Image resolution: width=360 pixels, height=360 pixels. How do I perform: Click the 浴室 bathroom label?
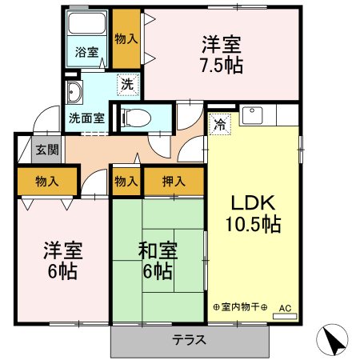(87, 53)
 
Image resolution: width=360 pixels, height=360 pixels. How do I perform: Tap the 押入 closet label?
(174, 182)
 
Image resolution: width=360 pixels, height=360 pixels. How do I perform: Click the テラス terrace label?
(190, 339)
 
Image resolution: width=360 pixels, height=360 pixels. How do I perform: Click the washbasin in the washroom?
(74, 93)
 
